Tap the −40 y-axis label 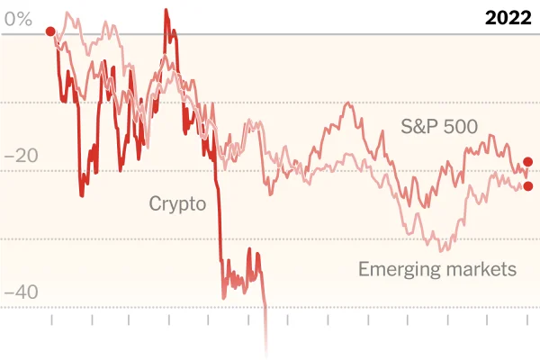21,293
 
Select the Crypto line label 177,203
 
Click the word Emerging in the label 397,268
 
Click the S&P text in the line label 418,126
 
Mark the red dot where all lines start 50,31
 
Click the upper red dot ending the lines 527,161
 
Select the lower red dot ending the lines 527,186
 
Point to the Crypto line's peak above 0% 166,11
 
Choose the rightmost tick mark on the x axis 526,320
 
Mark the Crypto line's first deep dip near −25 82,194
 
